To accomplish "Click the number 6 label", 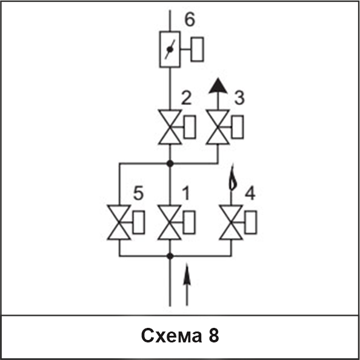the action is coord(190,19).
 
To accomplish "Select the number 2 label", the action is coord(186,98).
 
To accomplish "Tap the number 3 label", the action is coord(239,98).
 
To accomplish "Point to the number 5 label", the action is coord(138,193).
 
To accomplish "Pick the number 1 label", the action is coord(186,193).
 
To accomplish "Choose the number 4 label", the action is coord(250,193).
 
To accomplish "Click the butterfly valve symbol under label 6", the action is coord(170,49).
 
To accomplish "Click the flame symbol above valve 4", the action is coord(233,179).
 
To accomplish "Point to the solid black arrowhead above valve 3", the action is coord(218,86).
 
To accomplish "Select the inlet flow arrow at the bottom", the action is coord(187,285).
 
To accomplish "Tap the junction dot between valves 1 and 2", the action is coord(170,164).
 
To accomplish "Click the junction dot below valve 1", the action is coord(170,256).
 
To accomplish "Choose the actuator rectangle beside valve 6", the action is coord(197,49).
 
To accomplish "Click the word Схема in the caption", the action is coord(172,336).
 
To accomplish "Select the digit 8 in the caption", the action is coord(214,335).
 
